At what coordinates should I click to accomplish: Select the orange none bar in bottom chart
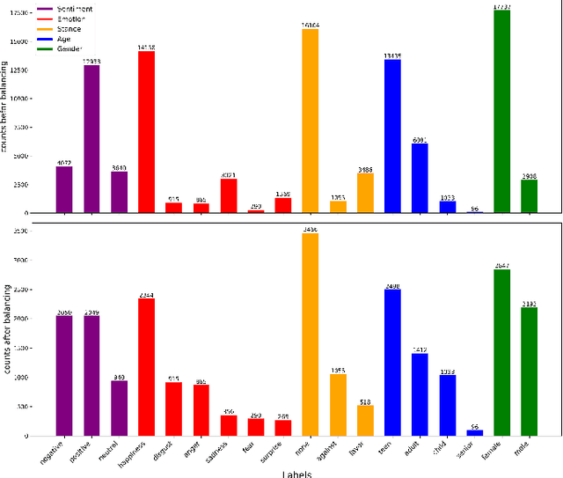click(310, 335)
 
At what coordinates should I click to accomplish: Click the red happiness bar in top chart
click(146, 132)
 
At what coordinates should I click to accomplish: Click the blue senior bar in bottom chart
click(474, 432)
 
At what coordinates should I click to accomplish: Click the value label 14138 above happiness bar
click(146, 48)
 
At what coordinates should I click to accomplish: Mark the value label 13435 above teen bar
click(392, 56)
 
